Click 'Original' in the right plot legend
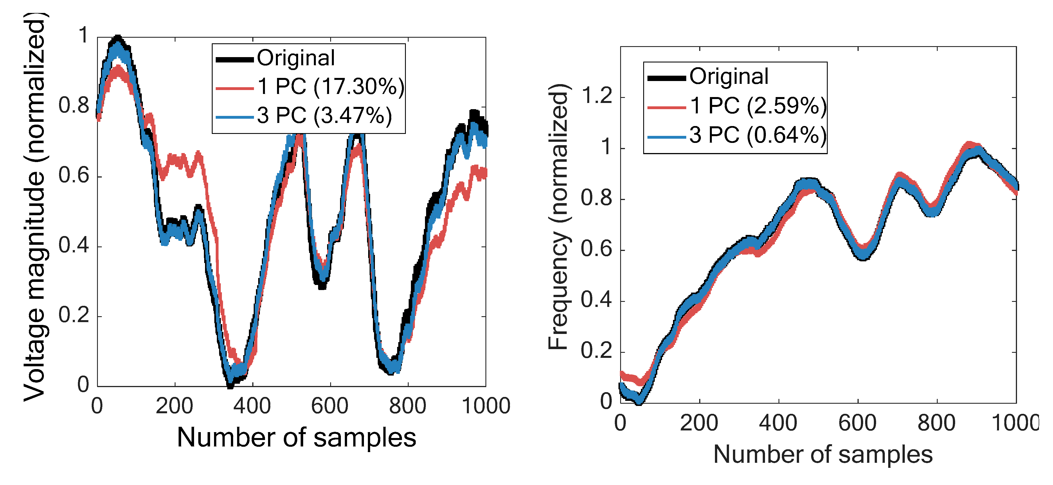coord(729,77)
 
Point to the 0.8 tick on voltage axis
coord(74,105)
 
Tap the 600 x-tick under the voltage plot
coord(329,406)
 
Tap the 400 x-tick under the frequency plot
coord(778,423)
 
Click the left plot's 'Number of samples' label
coord(296,437)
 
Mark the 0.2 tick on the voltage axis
coord(74,315)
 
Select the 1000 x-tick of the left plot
coord(486,406)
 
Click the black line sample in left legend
coord(235,60)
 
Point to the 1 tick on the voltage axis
coord(83,35)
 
